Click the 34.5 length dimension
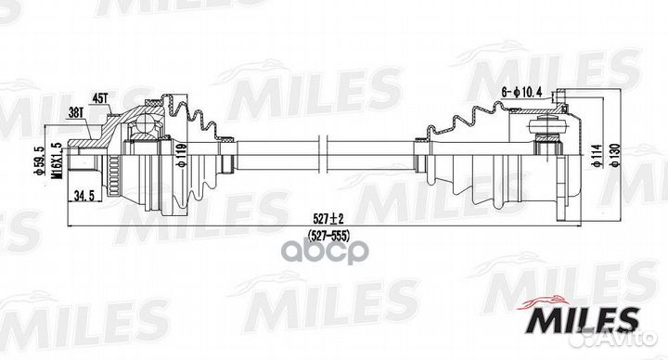click(x=85, y=196)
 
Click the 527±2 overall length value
click(x=323, y=218)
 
